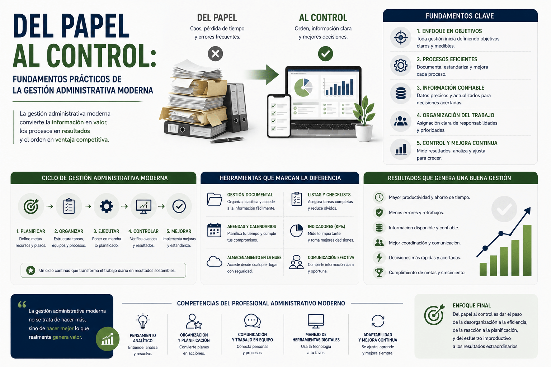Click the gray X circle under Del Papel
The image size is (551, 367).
coord(215,54)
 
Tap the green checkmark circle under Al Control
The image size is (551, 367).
coord(325,54)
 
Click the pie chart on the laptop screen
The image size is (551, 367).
coord(303,87)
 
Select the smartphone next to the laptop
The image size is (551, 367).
coord(279,116)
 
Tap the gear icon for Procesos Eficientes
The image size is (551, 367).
coord(400,65)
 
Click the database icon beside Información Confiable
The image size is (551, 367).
coord(401,94)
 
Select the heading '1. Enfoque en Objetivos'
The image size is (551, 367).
coord(449,31)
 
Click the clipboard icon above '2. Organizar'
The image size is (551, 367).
coord(69,206)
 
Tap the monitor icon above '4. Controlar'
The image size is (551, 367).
coord(143,206)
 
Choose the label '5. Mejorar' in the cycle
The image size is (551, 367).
coord(179,231)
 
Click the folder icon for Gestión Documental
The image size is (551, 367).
coord(215,199)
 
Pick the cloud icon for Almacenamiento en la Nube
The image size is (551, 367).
coord(214,261)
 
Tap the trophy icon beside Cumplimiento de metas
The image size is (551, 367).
coord(379,272)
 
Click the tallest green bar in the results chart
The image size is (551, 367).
coord(527,250)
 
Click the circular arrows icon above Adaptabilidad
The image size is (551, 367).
coord(378,321)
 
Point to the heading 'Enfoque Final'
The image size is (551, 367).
coord(472,306)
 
